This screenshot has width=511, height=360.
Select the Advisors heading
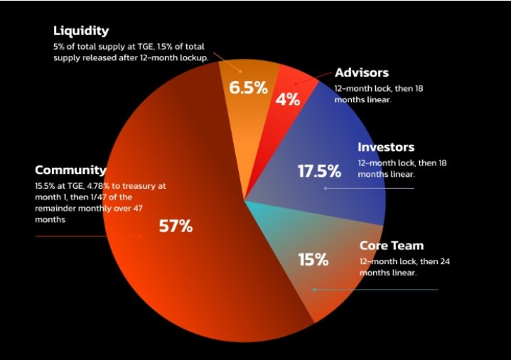click(x=362, y=73)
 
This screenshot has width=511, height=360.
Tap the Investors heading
click(x=386, y=148)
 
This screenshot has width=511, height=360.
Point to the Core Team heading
click(x=391, y=246)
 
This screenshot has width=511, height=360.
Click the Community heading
click(x=70, y=170)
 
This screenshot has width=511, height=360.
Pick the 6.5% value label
click(x=248, y=88)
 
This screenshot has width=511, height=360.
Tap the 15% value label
click(x=313, y=260)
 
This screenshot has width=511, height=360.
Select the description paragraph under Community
click(x=99, y=202)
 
